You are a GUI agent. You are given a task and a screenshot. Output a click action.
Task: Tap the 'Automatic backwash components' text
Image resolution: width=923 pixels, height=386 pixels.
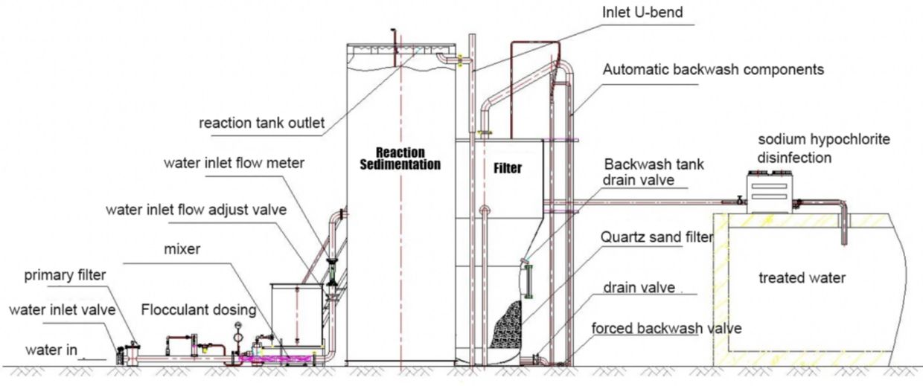(x=713, y=70)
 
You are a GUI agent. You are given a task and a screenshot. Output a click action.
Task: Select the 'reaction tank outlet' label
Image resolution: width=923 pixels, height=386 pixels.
(x=261, y=123)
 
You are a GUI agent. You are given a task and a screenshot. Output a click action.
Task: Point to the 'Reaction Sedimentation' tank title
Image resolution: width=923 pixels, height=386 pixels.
(x=400, y=158)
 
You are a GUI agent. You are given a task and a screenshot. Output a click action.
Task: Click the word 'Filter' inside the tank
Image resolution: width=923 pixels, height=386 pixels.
(x=508, y=169)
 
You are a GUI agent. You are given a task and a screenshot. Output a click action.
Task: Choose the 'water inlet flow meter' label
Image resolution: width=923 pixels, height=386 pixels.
(x=225, y=163)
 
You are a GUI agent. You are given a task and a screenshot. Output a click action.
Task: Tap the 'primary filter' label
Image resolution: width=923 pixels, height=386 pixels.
(x=66, y=275)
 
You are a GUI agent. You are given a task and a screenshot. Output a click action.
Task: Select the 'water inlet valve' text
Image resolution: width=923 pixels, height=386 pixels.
(x=61, y=310)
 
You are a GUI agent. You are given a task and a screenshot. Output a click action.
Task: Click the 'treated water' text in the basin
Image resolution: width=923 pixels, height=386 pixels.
(x=802, y=278)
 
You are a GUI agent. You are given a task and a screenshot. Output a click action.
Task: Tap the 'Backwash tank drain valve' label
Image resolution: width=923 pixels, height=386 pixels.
(x=654, y=173)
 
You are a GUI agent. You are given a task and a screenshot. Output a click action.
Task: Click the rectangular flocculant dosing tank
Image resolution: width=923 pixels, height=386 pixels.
(x=296, y=312)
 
